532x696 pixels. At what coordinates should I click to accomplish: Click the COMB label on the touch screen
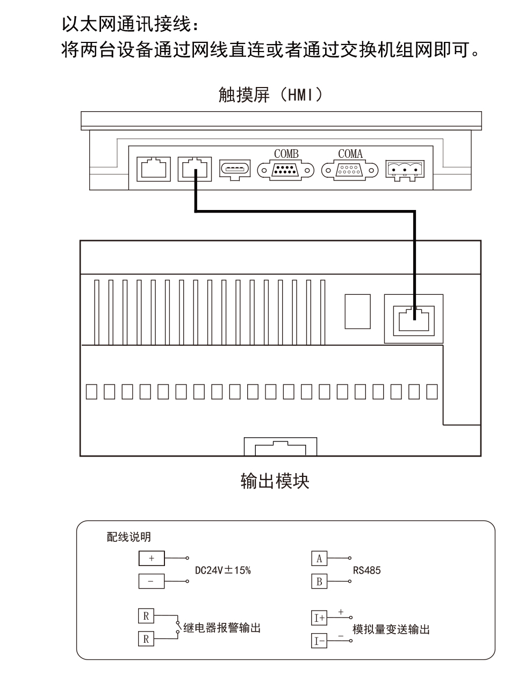[x=286, y=154]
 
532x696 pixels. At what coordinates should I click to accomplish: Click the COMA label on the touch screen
[x=350, y=154]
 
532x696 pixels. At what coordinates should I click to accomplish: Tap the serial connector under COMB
[x=285, y=171]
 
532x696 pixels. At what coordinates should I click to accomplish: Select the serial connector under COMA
[x=350, y=171]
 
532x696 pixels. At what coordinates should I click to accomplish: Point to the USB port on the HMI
[x=235, y=169]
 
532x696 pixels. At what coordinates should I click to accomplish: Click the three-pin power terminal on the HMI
[x=405, y=170]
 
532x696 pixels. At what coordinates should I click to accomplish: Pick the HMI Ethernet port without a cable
[x=154, y=169]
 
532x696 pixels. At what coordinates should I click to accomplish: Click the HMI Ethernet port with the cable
[x=195, y=169]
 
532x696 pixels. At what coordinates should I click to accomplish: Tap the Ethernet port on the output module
[x=414, y=318]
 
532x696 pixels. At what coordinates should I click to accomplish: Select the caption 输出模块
[x=275, y=481]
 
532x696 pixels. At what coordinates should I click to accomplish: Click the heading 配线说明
[x=128, y=537]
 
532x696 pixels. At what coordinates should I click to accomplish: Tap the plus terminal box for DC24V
[x=152, y=558]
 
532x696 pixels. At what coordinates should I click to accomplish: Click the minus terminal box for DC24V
[x=152, y=581]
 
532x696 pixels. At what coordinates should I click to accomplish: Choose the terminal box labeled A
[x=319, y=559]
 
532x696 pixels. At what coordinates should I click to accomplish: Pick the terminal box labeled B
[x=319, y=581]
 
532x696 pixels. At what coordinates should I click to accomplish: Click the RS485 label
[x=366, y=570]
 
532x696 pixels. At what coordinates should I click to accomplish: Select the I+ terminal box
[x=319, y=618]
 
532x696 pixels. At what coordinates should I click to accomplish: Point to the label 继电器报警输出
[x=222, y=628]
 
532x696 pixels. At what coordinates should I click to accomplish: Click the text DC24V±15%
[x=222, y=570]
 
